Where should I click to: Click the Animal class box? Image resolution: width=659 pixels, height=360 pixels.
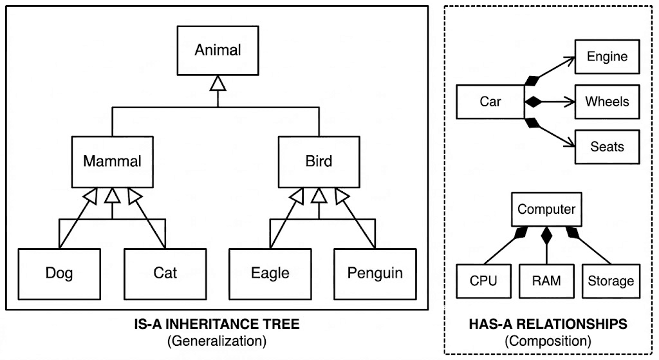[x=218, y=50]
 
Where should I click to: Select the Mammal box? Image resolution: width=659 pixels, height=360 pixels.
[x=113, y=160]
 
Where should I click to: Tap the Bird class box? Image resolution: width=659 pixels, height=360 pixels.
[x=319, y=160]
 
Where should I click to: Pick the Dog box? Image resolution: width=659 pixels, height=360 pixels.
[x=59, y=273]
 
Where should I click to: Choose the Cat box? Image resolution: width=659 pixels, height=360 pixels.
[x=165, y=273]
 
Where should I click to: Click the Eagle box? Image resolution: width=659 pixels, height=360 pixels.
[x=270, y=273]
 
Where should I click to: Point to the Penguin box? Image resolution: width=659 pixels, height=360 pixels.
[x=375, y=273]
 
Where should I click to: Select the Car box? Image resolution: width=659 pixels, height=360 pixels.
[x=490, y=102]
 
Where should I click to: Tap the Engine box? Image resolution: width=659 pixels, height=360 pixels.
[x=607, y=57]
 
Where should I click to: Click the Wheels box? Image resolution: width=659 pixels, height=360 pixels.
[x=607, y=102]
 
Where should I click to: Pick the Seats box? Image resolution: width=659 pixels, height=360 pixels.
[x=607, y=147]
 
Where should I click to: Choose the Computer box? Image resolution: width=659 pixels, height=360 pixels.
[x=546, y=209]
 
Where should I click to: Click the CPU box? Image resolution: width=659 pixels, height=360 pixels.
[x=483, y=281]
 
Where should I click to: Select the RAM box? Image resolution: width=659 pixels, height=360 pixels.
[x=546, y=281]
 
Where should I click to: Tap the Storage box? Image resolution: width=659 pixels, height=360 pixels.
[x=611, y=281]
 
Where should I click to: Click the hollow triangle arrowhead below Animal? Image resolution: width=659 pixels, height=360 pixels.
[x=218, y=83]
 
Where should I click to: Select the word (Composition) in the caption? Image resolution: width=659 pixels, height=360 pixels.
[x=548, y=341]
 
